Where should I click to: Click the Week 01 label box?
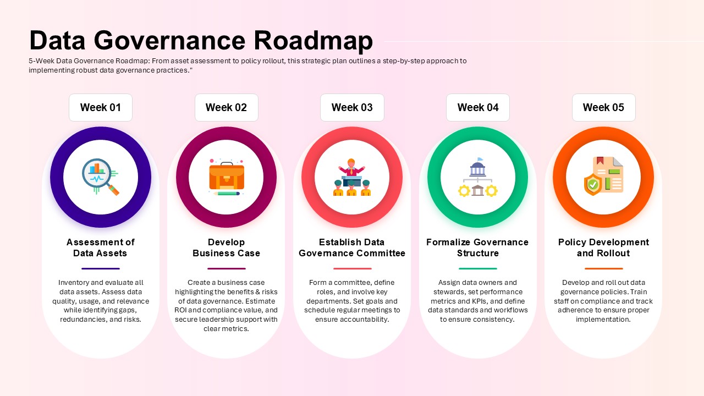tap(101, 107)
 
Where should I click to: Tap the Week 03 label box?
tap(352, 107)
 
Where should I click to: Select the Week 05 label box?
tap(603, 107)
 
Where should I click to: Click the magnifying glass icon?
tap(101, 177)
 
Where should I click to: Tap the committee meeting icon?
tap(352, 177)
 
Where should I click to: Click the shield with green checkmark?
tap(593, 184)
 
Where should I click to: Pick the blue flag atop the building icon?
tap(480, 159)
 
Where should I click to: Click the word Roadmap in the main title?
tap(313, 41)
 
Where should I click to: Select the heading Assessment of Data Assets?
tap(101, 248)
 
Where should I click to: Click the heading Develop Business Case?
tap(226, 248)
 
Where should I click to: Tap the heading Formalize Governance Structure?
tap(477, 248)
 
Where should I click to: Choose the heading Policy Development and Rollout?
tap(603, 248)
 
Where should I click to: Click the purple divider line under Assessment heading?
tap(101, 269)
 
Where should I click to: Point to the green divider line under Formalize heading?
tap(478, 269)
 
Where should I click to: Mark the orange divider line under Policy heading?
tap(604, 269)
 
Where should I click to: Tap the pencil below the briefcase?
tap(227, 194)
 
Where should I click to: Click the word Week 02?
tap(226, 107)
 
